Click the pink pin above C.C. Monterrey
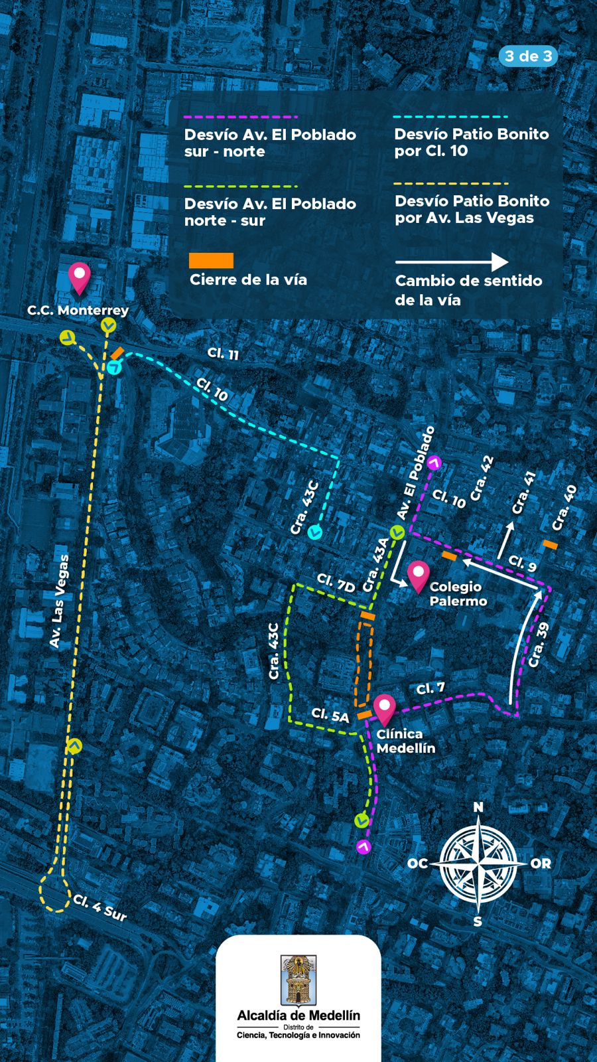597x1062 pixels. pos(80,277)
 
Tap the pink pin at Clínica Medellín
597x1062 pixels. pos(385,710)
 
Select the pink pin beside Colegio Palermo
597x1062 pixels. pos(419,575)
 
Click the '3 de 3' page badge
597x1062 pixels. pos(528,56)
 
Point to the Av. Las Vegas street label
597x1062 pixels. pos(60,601)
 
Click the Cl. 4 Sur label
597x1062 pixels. pos(99,907)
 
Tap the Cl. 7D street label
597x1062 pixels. pos(336,583)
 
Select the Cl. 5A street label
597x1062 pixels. pos(330,716)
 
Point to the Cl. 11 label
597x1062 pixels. pos(223,354)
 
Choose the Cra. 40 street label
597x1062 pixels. pos(564,508)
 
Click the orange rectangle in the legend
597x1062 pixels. pos(211,260)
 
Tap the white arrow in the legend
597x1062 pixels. pos(452,262)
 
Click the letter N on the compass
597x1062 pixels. pos(478,807)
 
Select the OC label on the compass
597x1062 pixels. pos(417,864)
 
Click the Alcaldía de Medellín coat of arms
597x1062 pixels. pos(298,981)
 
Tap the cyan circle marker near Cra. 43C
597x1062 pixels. pos(315,531)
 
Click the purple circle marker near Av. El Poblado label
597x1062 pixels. pos(434,463)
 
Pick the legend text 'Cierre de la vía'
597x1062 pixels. pos(248,279)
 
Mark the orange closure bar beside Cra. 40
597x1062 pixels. pos(550,544)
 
